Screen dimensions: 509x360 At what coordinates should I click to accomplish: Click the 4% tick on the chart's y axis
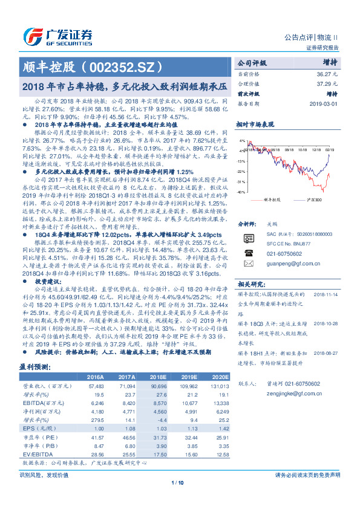pos(242,140)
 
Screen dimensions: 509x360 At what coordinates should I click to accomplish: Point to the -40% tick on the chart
pos(241,192)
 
